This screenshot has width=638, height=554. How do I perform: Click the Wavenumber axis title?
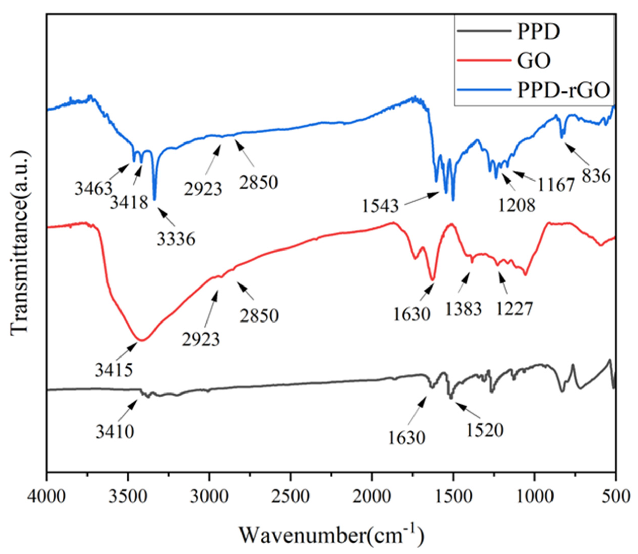[331, 535]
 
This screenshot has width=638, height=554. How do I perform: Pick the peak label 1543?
[380, 206]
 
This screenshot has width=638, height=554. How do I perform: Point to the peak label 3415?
[114, 370]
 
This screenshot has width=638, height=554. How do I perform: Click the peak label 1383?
[463, 309]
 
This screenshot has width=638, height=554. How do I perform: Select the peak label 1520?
[485, 430]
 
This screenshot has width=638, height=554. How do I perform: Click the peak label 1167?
[556, 185]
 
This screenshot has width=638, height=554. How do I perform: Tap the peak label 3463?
[93, 189]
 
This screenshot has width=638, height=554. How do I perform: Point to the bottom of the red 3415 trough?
[142, 340]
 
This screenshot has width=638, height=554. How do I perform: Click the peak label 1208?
[516, 205]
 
